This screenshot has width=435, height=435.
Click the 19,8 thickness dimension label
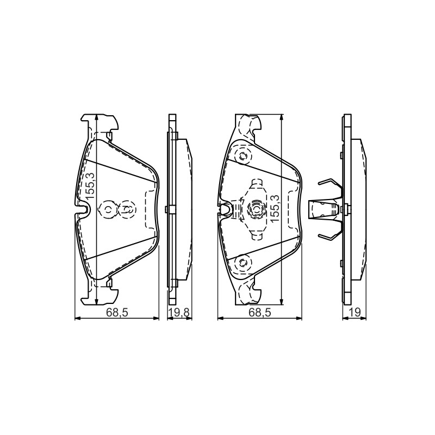[x=180, y=313]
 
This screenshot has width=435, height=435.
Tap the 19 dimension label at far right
[x=355, y=313]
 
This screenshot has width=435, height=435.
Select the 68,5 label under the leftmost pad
[x=117, y=313]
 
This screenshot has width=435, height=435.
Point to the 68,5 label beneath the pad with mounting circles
[x=259, y=313]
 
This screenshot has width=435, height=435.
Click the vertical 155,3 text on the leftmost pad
[x=90, y=185]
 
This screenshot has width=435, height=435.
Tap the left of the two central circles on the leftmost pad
[x=108, y=209]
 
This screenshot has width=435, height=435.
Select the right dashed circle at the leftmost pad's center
[x=127, y=209]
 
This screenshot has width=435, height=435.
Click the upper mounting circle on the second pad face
[x=243, y=156]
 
